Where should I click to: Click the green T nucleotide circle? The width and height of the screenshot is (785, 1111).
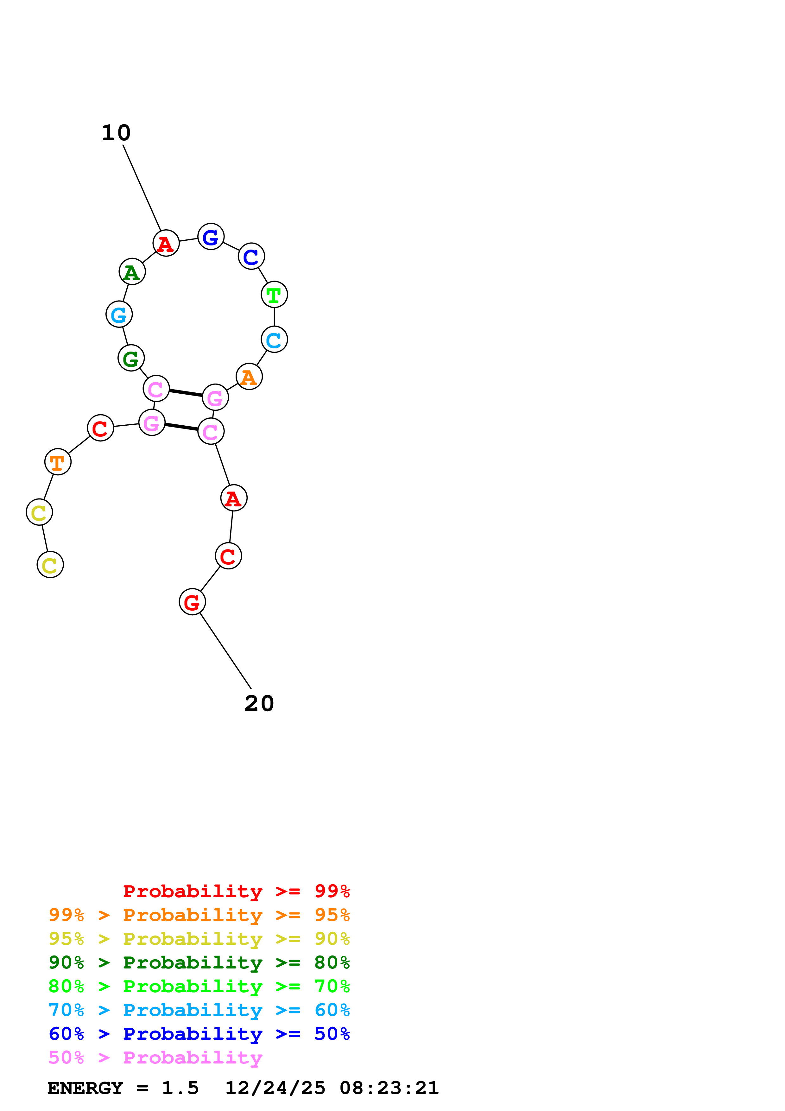pyautogui.click(x=274, y=294)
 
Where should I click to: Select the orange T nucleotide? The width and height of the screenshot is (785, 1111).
pyautogui.click(x=58, y=462)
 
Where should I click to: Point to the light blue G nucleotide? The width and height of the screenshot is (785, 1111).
pyautogui.click(x=119, y=314)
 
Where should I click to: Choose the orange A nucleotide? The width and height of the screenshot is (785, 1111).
pyautogui.click(x=249, y=377)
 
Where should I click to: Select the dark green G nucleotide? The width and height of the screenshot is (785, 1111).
pyautogui.click(x=131, y=358)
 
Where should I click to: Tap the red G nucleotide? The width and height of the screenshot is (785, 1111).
pyautogui.click(x=193, y=602)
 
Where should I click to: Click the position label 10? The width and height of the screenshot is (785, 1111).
pyautogui.click(x=116, y=133)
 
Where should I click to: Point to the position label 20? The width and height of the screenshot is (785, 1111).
pyautogui.click(x=259, y=703)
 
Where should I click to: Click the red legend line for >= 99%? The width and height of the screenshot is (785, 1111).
pyautogui.click(x=236, y=891)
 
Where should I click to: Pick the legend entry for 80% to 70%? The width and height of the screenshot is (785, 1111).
pyautogui.click(x=199, y=986)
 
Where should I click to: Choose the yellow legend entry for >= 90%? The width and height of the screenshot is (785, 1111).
pyautogui.click(x=199, y=939)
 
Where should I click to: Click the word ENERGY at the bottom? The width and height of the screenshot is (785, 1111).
pyautogui.click(x=85, y=1088)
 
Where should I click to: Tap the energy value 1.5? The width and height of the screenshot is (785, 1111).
pyautogui.click(x=180, y=1088)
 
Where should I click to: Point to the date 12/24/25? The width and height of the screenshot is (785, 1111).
pyautogui.click(x=275, y=1088)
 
